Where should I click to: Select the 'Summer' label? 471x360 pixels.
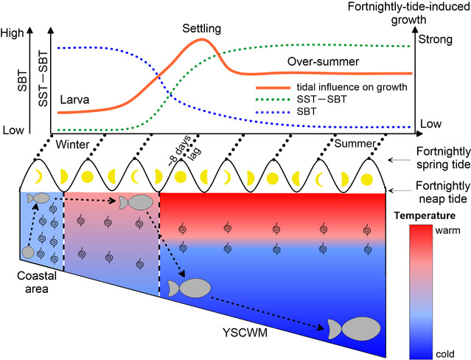point(354,142)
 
